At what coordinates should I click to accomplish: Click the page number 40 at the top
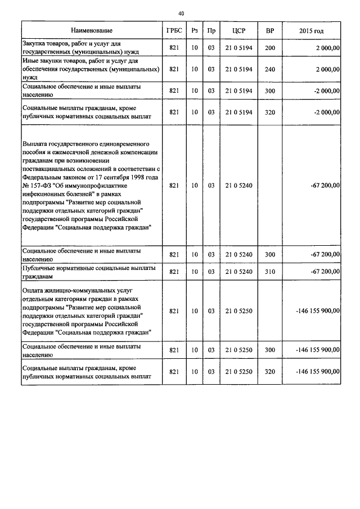click(x=180, y=13)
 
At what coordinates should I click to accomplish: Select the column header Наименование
click(x=92, y=30)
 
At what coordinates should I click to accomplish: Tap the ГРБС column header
click(x=173, y=30)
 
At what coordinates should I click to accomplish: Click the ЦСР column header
click(x=238, y=30)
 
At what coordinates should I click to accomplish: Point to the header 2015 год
click(x=311, y=30)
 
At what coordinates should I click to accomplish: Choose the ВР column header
click(x=269, y=30)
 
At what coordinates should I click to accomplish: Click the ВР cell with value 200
click(x=269, y=48)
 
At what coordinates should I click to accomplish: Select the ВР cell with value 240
click(x=269, y=69)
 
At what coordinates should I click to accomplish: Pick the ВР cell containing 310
click(x=269, y=272)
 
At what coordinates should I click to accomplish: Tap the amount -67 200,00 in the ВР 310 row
click(x=325, y=272)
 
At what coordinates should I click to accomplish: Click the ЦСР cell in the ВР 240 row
click(x=238, y=69)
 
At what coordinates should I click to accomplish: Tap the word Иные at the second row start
click(x=30, y=60)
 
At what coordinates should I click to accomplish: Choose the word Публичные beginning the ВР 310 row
click(x=41, y=268)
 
